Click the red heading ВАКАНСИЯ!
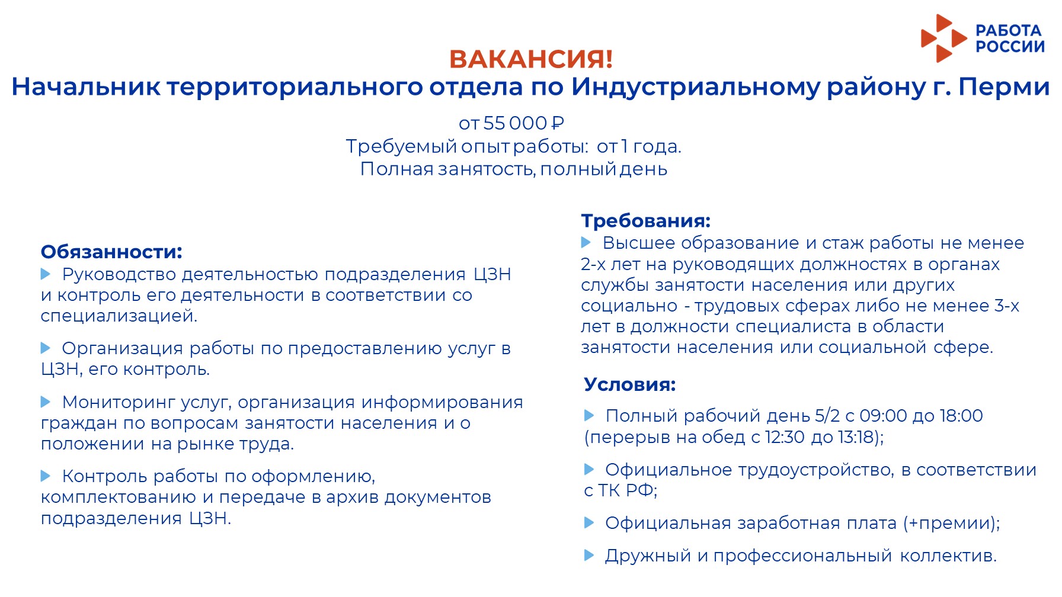[530, 59]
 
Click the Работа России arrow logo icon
[942, 38]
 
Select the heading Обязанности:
[111, 252]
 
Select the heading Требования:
[645, 221]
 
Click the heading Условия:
[629, 384]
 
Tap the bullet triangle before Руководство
[46, 274]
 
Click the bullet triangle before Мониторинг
[46, 402]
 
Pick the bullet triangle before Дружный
[589, 555]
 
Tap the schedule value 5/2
[827, 416]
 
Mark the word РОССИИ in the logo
[1010, 47]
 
